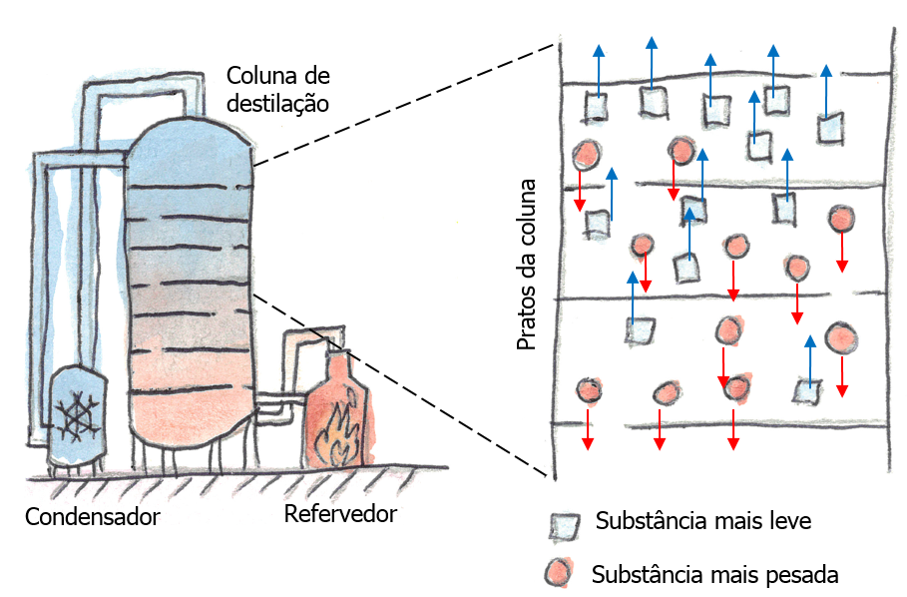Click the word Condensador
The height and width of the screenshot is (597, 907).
coord(92,517)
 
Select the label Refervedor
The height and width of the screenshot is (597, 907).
coord(340,514)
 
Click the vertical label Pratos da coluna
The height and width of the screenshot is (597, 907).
coord(527,265)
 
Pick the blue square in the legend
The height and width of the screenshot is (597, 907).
coord(566,524)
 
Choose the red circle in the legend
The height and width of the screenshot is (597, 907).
coord(559,573)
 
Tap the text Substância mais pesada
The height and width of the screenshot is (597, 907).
coord(714,575)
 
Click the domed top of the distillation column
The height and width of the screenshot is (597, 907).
coord(190,135)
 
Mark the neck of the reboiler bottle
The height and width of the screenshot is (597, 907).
coord(336,365)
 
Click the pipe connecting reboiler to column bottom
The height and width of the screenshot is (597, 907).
coord(273,403)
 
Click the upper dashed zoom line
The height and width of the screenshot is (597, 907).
coord(399,101)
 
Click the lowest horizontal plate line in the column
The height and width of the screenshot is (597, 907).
coord(190,392)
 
